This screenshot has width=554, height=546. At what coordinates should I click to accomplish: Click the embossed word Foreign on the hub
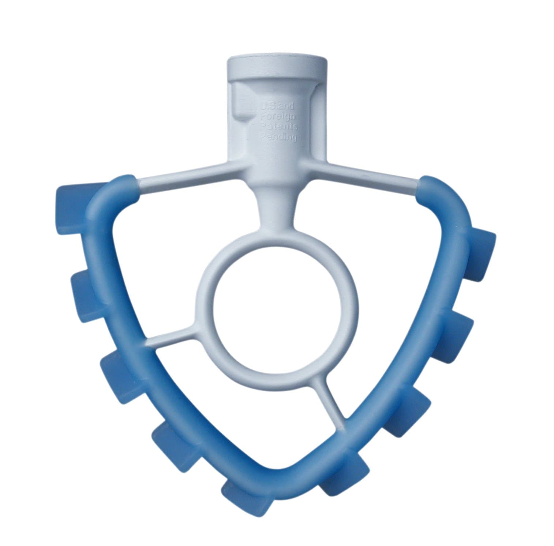click(276, 117)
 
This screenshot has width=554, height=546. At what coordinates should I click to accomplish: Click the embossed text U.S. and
click(275, 107)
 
